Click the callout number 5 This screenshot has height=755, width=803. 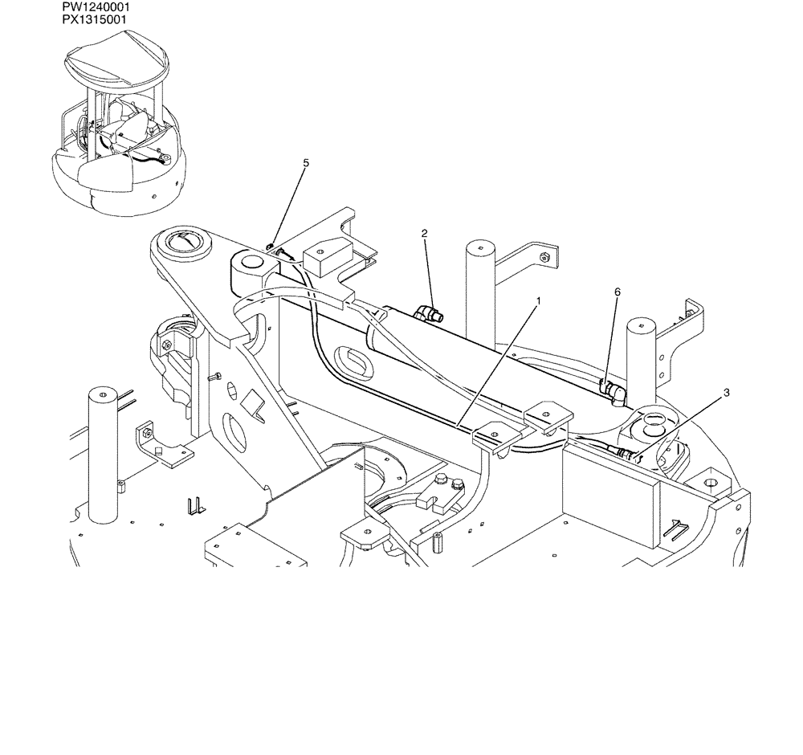click(x=306, y=163)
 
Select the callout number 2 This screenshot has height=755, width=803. click(x=425, y=233)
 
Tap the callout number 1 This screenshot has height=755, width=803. click(x=539, y=301)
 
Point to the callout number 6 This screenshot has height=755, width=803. click(x=618, y=292)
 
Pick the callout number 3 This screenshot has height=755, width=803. click(x=727, y=393)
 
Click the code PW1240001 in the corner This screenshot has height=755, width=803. click(x=96, y=6)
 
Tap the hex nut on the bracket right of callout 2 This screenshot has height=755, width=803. click(x=544, y=257)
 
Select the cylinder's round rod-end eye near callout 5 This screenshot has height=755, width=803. click(x=248, y=263)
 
